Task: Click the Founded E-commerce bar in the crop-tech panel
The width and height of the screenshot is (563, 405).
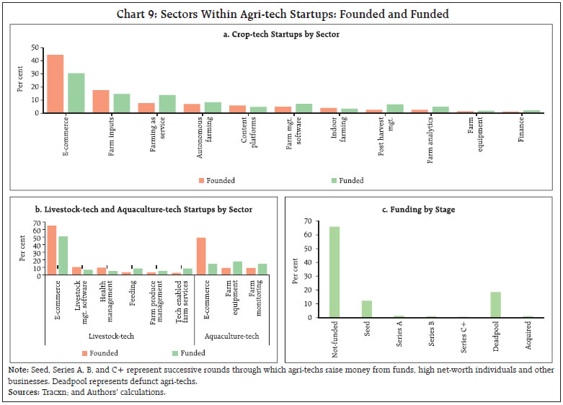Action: [55, 84]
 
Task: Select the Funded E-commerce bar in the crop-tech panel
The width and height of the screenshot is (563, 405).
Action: [76, 93]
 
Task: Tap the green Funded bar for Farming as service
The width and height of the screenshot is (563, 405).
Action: [167, 104]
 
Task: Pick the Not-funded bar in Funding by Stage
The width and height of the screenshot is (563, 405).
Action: [334, 272]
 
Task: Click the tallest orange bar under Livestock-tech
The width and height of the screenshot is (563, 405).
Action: [52, 249]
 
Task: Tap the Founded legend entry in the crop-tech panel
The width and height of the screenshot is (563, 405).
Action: [215, 180]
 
